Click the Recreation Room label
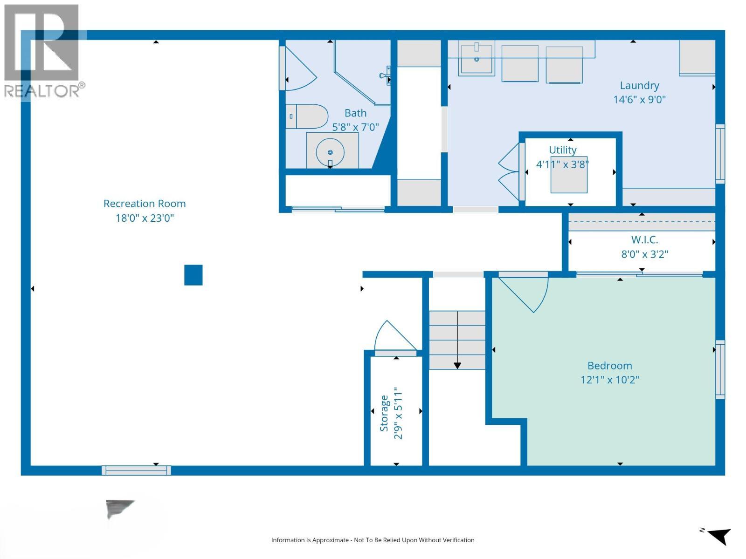[x=145, y=204]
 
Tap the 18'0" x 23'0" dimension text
[x=145, y=218]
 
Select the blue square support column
[x=193, y=275]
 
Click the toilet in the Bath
[x=307, y=116]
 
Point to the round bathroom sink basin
[x=330, y=152]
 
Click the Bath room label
[x=355, y=113]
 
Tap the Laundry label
[x=639, y=86]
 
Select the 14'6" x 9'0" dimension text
[x=639, y=100]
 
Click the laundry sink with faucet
[x=476, y=58]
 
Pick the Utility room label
[x=562, y=150]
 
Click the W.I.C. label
[x=644, y=240]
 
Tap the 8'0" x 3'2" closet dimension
[x=644, y=254]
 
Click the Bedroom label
[x=610, y=366]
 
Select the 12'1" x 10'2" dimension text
[x=610, y=380]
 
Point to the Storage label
[x=384, y=413]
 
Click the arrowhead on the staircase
[x=457, y=366]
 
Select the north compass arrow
[x=719, y=536]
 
